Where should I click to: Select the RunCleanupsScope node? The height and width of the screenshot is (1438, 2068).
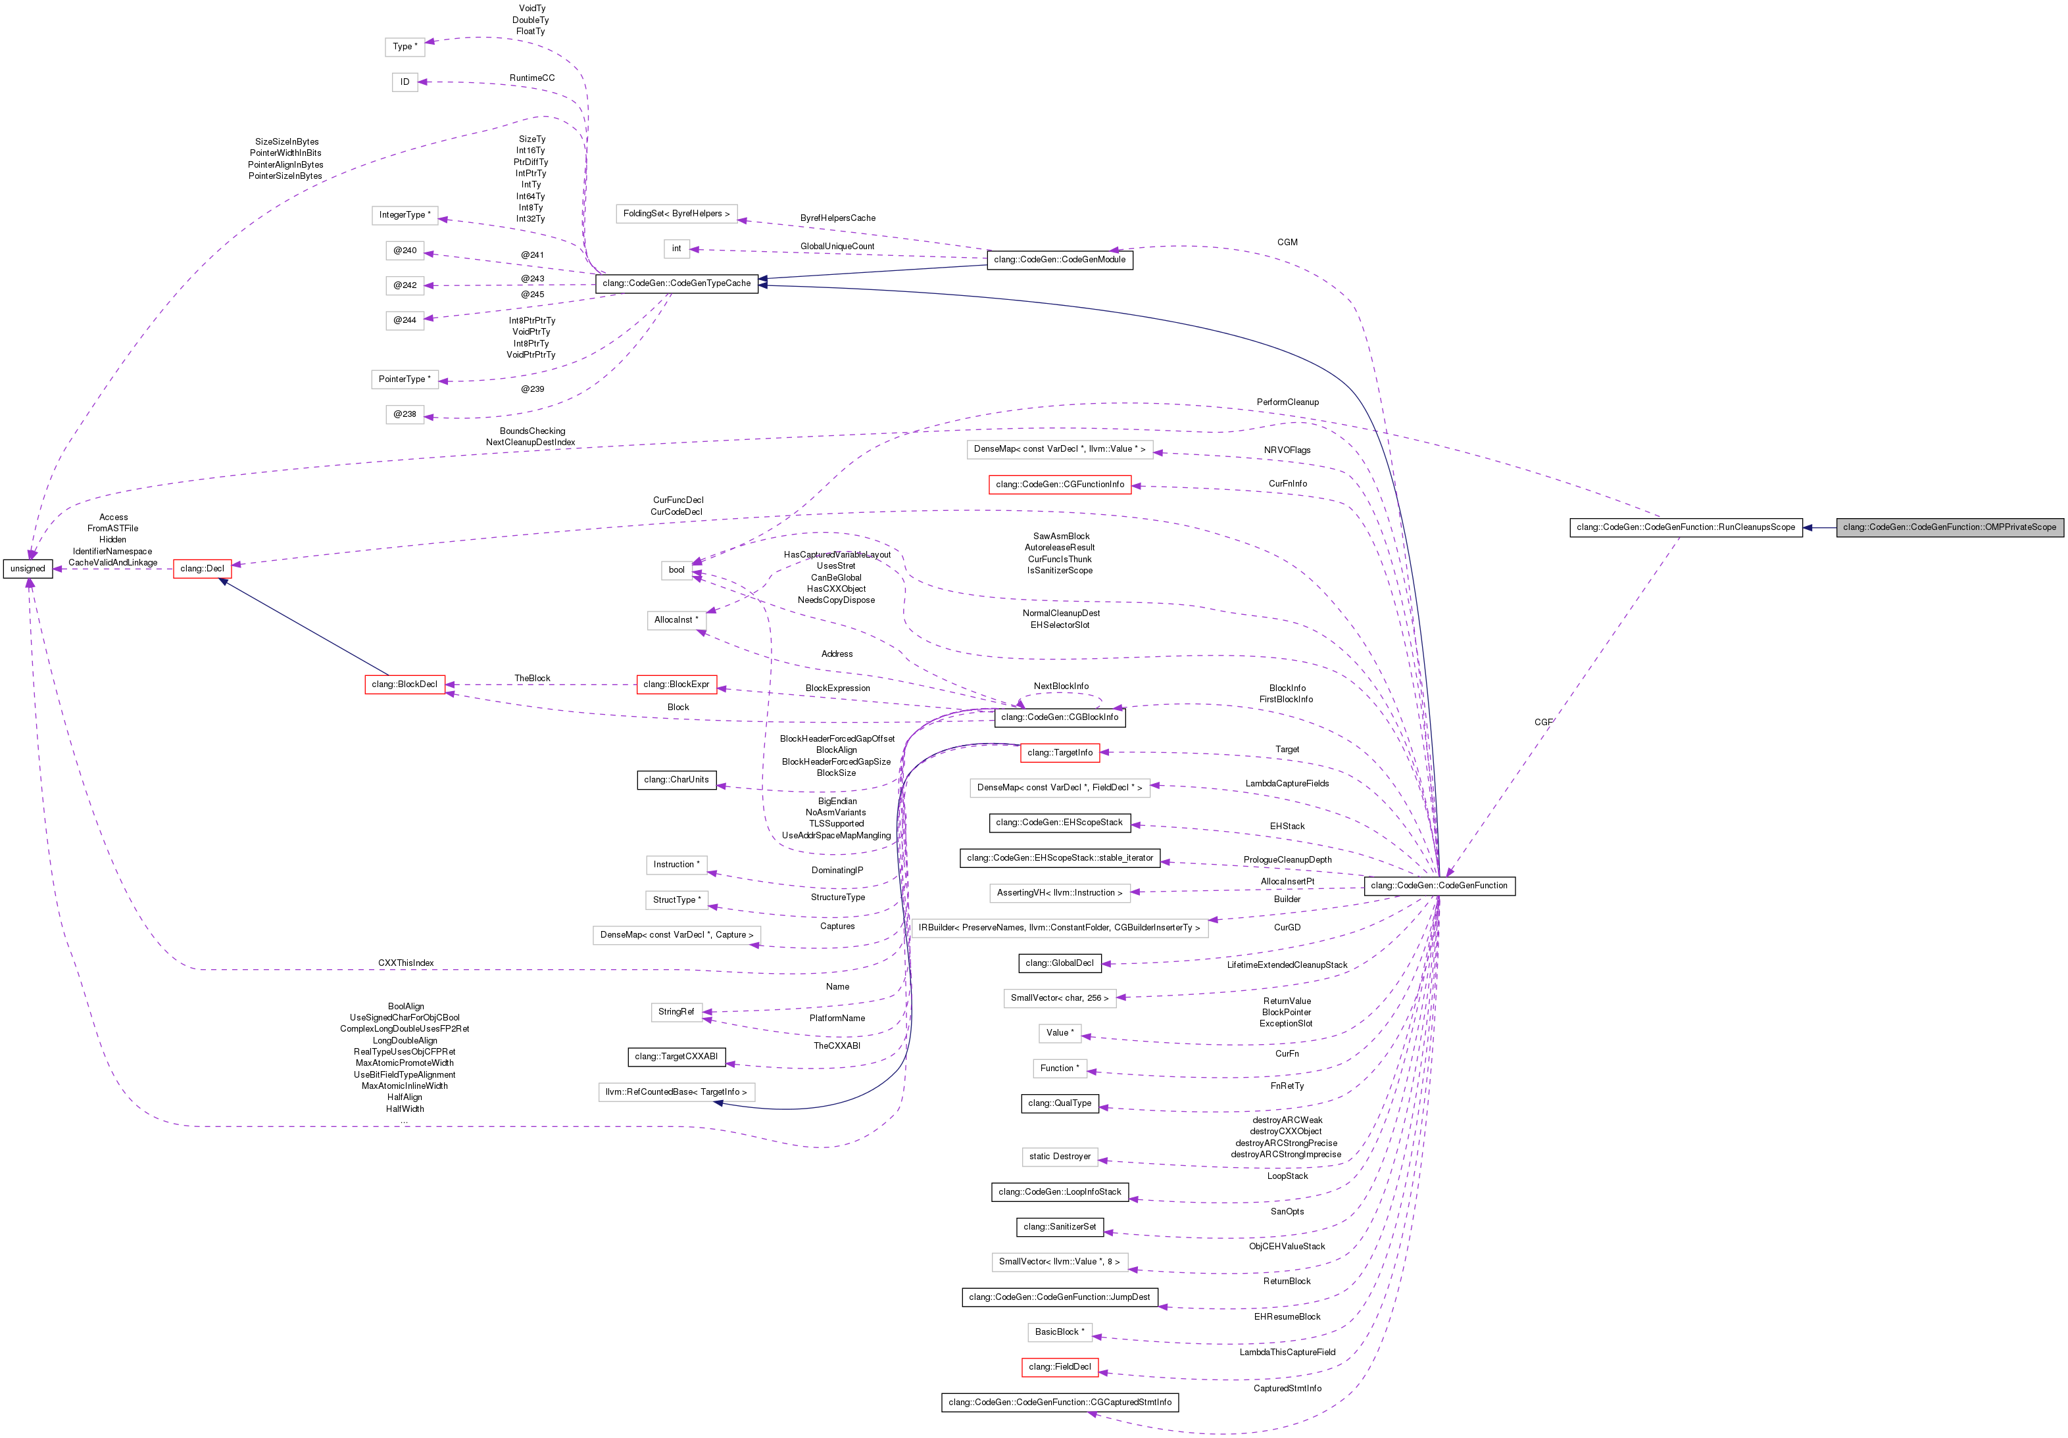coord(1685,527)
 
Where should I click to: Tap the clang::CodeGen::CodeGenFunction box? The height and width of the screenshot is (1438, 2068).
coord(1439,886)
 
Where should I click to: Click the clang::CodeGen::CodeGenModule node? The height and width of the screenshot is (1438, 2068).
coord(1059,260)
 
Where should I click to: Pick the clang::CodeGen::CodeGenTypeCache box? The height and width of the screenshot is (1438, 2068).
coord(676,283)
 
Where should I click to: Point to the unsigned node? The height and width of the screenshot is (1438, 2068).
coord(28,569)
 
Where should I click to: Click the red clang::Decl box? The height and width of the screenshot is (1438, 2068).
coord(202,569)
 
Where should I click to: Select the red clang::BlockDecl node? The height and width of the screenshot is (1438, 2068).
coord(405,685)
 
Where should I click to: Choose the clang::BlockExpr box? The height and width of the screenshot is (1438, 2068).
coord(676,685)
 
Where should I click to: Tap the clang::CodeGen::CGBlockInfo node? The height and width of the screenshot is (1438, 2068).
coord(1059,717)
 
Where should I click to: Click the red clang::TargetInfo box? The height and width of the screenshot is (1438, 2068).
coord(1059,753)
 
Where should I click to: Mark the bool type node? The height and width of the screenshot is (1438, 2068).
coord(676,570)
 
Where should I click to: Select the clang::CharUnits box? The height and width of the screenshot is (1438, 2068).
coord(676,780)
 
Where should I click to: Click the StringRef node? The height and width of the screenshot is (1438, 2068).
coord(676,1012)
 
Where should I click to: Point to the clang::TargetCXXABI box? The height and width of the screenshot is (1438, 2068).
coord(676,1057)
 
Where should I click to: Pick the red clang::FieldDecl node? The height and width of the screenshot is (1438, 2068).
coord(1059,1368)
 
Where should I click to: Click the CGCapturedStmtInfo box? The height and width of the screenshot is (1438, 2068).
coord(1059,1403)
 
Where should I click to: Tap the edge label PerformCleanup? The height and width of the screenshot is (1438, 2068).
coord(1287,402)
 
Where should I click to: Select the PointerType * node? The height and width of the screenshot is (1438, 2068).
coord(405,380)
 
